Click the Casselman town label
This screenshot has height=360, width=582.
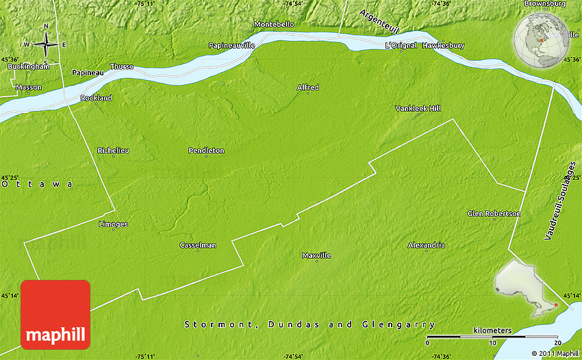tap(197, 245)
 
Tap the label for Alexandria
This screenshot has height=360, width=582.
tap(426, 245)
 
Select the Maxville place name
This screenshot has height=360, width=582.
tap(316, 255)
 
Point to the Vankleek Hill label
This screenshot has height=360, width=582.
tap(418, 109)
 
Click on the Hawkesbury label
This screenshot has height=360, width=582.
tap(443, 46)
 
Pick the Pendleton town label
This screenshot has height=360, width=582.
tap(206, 151)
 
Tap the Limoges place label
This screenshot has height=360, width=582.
tap(113, 224)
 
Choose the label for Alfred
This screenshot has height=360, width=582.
tap(307, 88)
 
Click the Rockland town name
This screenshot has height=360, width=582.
tap(96, 98)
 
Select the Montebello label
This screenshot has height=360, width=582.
tap(274, 25)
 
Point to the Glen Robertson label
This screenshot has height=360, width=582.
tap(494, 214)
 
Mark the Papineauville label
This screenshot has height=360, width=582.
tap(232, 45)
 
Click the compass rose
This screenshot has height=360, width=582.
tap(45, 44)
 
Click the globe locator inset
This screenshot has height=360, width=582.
tap(540, 41)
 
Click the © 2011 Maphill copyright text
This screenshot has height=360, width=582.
tap(551, 353)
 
